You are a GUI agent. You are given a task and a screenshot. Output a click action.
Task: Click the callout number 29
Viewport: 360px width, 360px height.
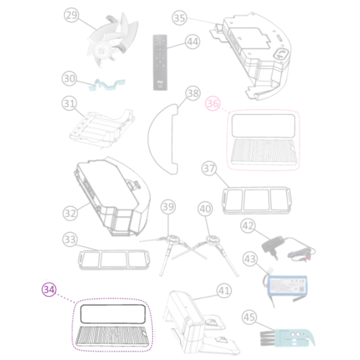[72, 17]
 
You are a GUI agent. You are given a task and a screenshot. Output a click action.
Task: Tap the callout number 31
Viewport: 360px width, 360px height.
[70, 104]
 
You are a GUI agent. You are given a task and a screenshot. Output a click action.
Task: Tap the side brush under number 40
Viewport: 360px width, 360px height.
[208, 242]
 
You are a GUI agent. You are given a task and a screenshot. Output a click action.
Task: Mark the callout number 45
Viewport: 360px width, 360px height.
[249, 318]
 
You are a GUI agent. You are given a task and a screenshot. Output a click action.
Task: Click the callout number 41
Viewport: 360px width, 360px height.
[223, 290]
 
